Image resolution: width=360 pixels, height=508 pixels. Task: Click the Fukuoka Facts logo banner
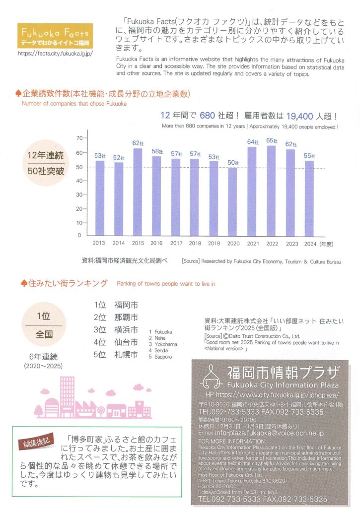point(55,36)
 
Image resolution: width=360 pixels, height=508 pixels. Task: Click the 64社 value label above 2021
point(252,142)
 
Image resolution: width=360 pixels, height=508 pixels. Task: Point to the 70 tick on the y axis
point(78,137)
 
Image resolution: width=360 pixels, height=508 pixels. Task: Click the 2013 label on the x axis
point(99,244)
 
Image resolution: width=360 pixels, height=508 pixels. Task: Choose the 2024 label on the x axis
point(310,244)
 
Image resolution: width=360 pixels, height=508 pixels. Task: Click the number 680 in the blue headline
point(208,117)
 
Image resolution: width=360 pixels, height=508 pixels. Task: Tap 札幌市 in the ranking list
point(126,355)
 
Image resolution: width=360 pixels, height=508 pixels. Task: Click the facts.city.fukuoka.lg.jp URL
point(55,52)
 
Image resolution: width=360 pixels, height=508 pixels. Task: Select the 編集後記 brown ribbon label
point(38,443)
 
